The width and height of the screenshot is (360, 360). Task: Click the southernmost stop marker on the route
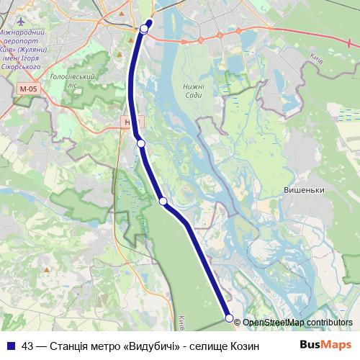click(229, 318)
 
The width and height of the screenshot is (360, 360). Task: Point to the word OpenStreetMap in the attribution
click(274, 323)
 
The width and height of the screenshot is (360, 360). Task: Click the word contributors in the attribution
click(329, 323)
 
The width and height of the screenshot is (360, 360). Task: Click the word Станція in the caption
click(71, 343)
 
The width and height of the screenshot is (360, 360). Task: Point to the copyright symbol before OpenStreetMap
click(238, 323)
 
